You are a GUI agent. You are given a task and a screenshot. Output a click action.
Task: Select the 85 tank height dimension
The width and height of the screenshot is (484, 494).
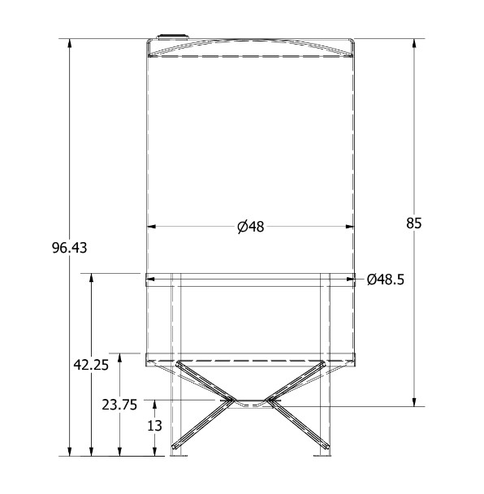tap(414, 223)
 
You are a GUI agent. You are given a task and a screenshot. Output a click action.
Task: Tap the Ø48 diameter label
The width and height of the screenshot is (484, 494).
tap(251, 227)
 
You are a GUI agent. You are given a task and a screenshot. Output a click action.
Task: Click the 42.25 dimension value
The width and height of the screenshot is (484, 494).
tap(91, 365)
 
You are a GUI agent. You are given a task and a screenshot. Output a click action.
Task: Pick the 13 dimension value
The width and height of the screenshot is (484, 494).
tap(155, 425)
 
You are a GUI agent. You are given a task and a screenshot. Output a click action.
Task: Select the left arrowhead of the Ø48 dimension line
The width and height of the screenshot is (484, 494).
tap(151, 227)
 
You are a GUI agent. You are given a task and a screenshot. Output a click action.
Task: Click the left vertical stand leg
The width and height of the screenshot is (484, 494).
tap(176, 366)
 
